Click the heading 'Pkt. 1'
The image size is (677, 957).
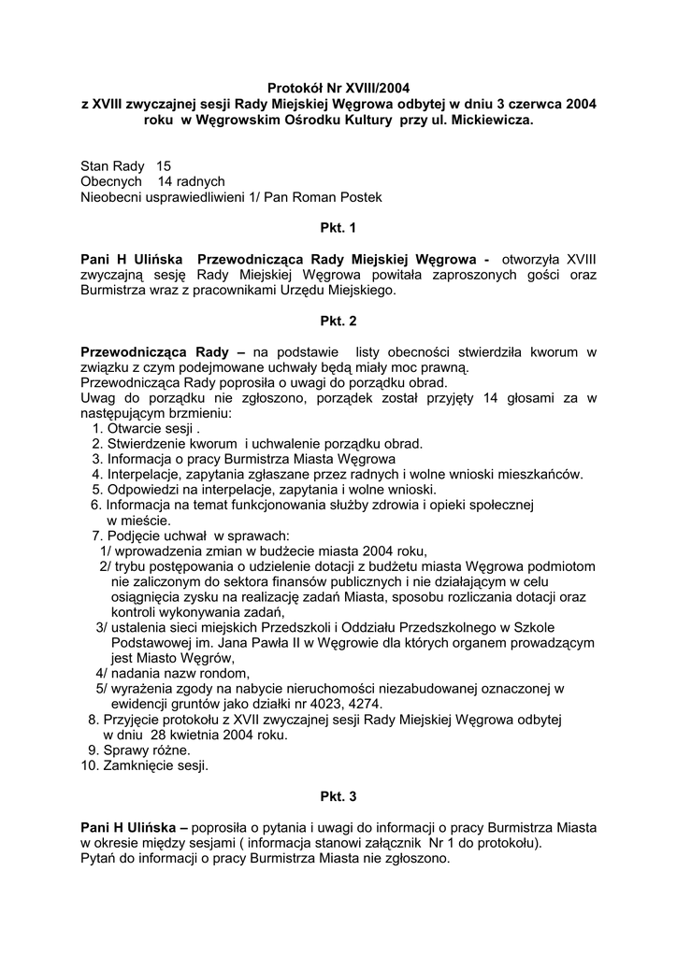tap(338, 226)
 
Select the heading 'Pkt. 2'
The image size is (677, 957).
tap(338, 321)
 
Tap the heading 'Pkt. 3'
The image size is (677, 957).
tap(338, 796)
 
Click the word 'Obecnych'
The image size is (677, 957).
tap(111, 181)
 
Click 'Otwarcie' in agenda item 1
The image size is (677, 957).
tap(135, 427)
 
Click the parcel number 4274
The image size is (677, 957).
tap(366, 704)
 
